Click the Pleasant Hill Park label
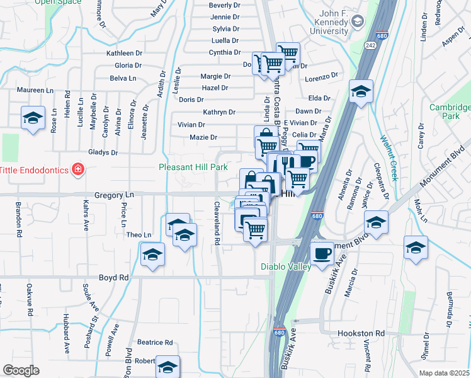pyautogui.click(x=193, y=168)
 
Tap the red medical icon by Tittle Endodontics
pyautogui.click(x=77, y=169)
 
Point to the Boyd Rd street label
pyautogui.click(x=113, y=277)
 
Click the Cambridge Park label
pyautogui.click(x=450, y=112)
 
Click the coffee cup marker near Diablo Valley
pyautogui.click(x=323, y=253)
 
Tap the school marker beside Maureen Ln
pyautogui.click(x=33, y=118)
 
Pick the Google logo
pyautogui.click(x=21, y=370)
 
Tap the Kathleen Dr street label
pyautogui.click(x=125, y=54)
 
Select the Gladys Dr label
pyautogui.click(x=103, y=152)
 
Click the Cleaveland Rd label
pyautogui.click(x=216, y=223)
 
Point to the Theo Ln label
pyautogui.click(x=139, y=235)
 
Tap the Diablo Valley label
pyautogui.click(x=286, y=266)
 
